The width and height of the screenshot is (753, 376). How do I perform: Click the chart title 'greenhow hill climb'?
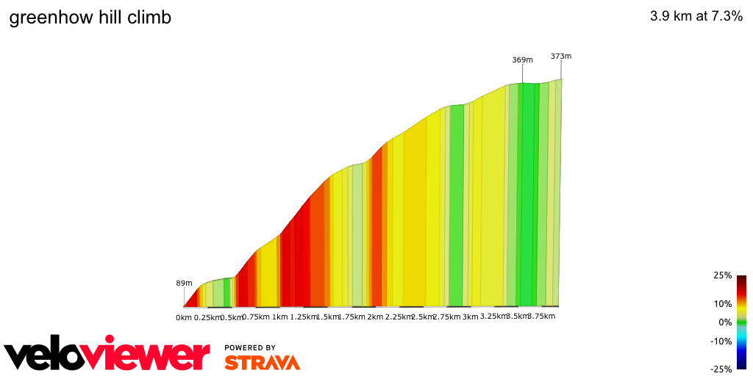coord(90,18)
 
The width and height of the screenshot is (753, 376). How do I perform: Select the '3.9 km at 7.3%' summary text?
coord(696,17)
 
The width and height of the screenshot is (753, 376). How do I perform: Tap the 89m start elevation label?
coord(184,283)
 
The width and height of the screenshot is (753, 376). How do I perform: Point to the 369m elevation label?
coord(522,60)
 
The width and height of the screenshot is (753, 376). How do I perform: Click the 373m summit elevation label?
coord(561,56)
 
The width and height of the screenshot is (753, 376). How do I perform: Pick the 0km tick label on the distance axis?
coord(184,317)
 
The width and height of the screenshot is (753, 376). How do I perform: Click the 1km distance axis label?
coord(279,317)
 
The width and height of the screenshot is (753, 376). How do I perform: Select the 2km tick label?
coord(375,317)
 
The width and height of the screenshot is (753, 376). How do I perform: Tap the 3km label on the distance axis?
coord(471,317)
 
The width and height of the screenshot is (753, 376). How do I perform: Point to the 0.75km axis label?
coord(256,317)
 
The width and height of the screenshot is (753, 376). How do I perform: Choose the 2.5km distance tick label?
coord(423,317)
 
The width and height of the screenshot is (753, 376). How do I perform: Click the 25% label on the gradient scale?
coord(722,275)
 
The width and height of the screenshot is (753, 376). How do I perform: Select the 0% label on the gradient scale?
coord(725,322)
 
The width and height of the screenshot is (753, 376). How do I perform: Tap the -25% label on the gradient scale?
coord(721,369)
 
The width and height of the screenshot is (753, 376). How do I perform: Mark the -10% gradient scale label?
coord(721,341)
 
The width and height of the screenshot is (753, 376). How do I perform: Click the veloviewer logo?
coord(107,355)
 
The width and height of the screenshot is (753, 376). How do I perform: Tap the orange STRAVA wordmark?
coord(262,363)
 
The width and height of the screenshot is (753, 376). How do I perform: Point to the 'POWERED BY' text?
coord(250,347)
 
